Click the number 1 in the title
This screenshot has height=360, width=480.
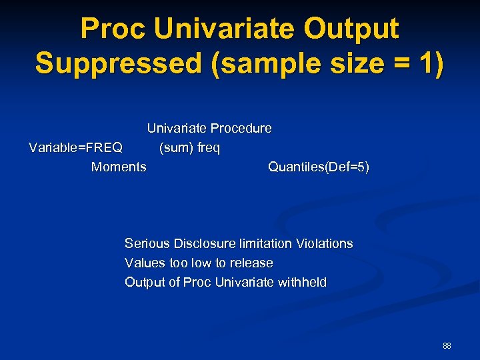click(426, 63)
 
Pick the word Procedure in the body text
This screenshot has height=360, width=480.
click(241, 128)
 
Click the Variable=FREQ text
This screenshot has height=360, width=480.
click(75, 147)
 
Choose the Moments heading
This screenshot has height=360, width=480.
click(119, 167)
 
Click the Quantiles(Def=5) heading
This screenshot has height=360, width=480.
click(318, 167)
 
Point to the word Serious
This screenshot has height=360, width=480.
click(147, 244)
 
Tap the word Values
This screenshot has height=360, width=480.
click(143, 263)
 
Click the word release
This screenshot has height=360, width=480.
click(251, 263)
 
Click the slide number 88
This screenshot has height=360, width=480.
click(447, 346)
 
